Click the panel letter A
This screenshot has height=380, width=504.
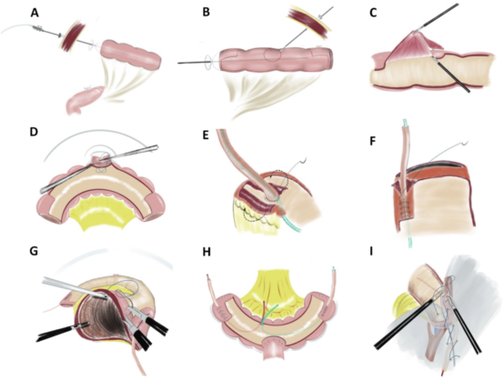[35, 13]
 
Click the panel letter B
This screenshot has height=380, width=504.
[207, 13]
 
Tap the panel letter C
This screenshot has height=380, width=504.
[373, 13]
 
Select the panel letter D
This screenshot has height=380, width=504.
[34, 133]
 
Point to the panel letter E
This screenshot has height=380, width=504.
[206, 135]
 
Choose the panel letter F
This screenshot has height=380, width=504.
[372, 141]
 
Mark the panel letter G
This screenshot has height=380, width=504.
[34, 252]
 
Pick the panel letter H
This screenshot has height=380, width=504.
[207, 252]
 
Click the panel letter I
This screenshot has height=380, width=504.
[371, 252]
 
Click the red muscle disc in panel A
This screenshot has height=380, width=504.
[70, 38]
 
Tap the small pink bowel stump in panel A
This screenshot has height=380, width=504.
[85, 99]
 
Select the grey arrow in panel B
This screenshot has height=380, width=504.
[326, 13]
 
